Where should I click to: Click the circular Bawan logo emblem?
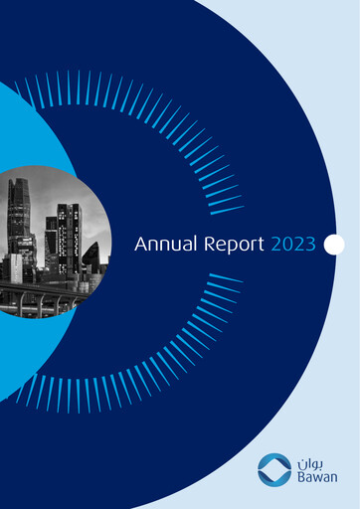274,469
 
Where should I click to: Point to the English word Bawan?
316,478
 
